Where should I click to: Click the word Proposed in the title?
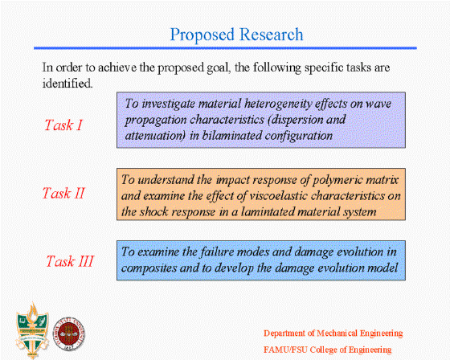[202, 35]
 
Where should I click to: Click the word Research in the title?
[272, 35]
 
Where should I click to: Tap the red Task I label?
[63, 125]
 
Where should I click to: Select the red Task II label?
[63, 193]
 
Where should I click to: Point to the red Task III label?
[70, 261]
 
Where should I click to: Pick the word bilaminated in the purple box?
[231, 136]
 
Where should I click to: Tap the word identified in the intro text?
[67, 84]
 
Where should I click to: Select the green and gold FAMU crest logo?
[32, 330]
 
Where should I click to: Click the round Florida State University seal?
[69, 333]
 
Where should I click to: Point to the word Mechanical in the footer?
[337, 333]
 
